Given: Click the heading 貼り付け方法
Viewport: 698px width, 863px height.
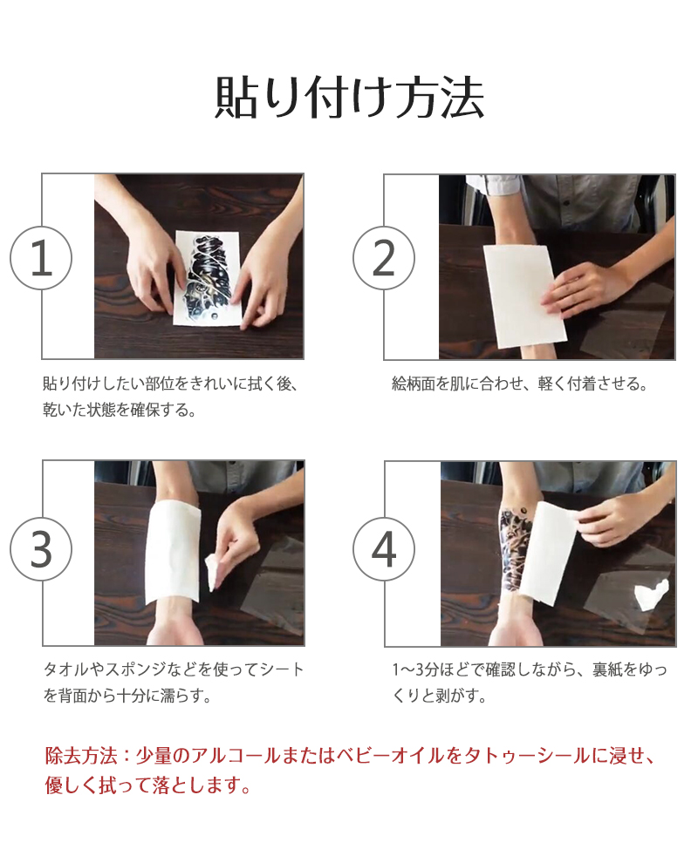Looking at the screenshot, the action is (349, 98).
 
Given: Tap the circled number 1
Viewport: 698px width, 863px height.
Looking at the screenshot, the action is (41, 258).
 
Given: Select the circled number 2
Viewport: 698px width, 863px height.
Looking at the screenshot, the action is (384, 258).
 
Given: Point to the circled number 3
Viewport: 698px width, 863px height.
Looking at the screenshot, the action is (41, 549).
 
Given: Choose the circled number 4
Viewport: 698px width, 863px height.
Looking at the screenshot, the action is (384, 549).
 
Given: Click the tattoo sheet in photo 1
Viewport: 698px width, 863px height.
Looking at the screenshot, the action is (207, 278).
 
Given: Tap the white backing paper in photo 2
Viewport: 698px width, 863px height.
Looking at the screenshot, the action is (523, 296).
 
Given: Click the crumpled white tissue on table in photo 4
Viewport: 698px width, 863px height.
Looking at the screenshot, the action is (652, 594).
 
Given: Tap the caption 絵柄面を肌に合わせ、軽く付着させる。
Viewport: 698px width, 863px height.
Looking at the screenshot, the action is (519, 384).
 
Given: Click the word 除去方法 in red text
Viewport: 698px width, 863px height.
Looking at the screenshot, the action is (81, 756).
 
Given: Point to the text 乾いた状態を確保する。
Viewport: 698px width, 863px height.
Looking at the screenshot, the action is (120, 410).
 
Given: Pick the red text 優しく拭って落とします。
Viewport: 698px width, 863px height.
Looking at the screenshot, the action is (147, 785).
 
